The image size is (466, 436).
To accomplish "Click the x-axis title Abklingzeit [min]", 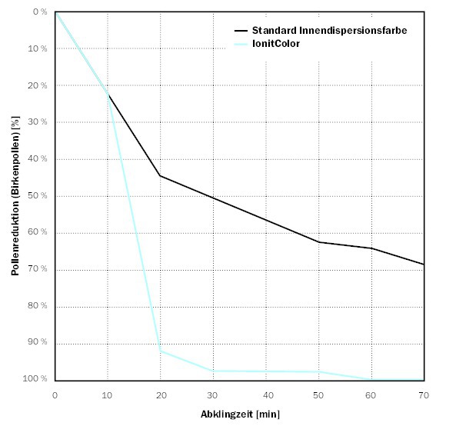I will [240, 414].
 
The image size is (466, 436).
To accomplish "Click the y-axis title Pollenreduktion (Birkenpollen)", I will [15, 195].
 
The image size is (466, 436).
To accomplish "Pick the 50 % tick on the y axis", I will [38, 195].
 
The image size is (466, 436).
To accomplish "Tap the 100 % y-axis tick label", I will [36, 379].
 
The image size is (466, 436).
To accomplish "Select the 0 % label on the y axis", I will [40, 12].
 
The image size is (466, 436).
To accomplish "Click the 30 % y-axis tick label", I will [38, 121].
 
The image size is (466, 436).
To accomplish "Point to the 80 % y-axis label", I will [38, 306].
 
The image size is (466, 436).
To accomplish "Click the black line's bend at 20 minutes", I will [160, 176].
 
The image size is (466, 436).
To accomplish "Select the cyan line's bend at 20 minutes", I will [160, 351].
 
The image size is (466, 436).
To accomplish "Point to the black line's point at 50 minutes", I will [318, 242].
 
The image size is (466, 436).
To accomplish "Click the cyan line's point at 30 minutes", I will [213, 371].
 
